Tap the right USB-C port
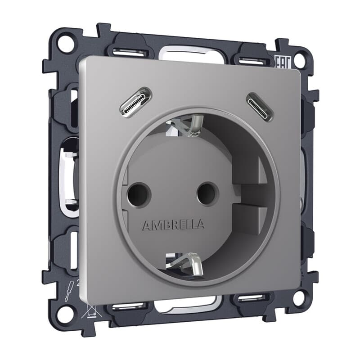point(260,107)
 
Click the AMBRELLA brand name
point(173,225)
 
